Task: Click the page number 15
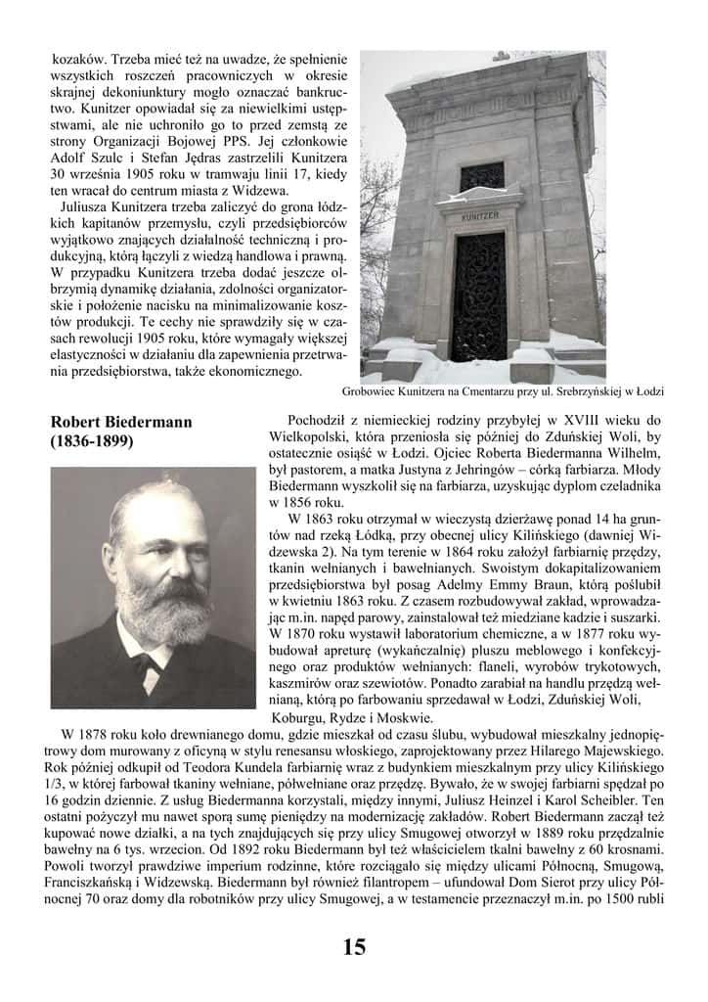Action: tap(354, 947)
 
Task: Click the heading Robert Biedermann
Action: tap(121, 422)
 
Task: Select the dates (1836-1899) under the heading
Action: tap(92, 441)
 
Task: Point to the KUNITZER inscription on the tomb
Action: tap(481, 213)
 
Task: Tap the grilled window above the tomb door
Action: tap(481, 176)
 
